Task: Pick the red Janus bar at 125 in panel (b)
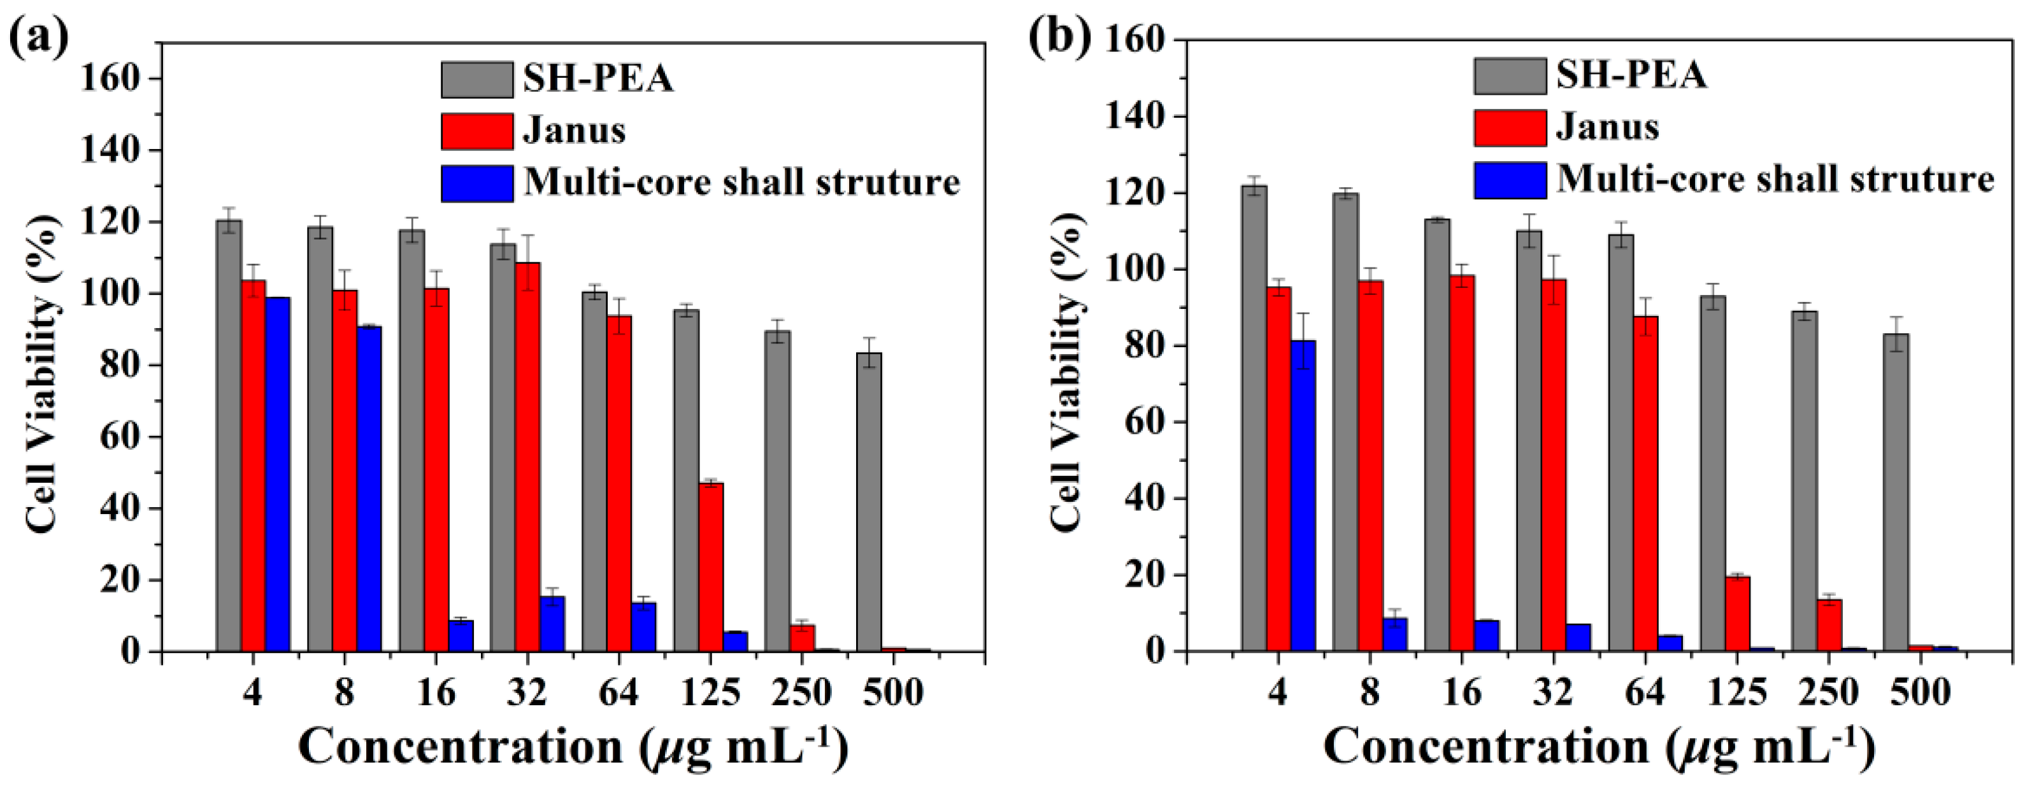coord(1737,613)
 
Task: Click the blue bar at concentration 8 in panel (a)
coord(369,489)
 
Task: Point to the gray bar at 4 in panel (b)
coord(1254,418)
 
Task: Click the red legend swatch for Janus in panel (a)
coord(476,131)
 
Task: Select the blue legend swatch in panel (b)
coord(1510,180)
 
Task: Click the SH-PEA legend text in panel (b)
coord(1631,76)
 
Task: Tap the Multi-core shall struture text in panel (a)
coord(741,182)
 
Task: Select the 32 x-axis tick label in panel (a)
coord(527,692)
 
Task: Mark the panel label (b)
coord(1059,37)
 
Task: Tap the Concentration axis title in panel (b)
coord(1598,746)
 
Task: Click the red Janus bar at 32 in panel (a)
coord(527,457)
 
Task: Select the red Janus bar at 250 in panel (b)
coord(1829,625)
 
